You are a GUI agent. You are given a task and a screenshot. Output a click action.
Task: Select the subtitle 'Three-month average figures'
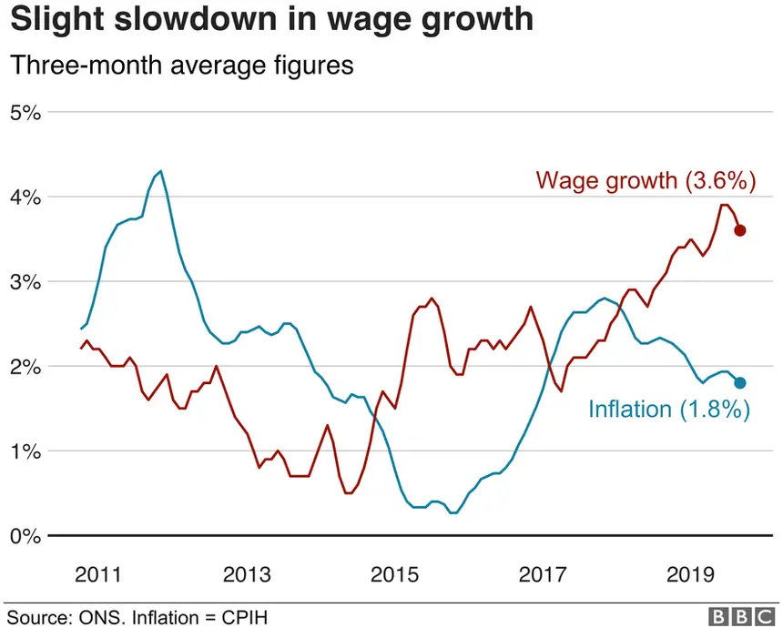pyautogui.click(x=180, y=66)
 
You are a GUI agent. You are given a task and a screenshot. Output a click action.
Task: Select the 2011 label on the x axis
pyautogui.click(x=97, y=575)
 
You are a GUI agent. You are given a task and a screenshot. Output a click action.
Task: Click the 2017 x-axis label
pyautogui.click(x=544, y=575)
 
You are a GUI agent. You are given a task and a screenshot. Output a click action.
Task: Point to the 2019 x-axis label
pyautogui.click(x=692, y=575)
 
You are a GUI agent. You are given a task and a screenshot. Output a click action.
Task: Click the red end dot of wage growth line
pyautogui.click(x=740, y=230)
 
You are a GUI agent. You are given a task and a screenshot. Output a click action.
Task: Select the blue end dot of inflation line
pyautogui.click(x=740, y=382)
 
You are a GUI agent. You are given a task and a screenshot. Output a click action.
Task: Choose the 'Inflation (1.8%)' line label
pyautogui.click(x=669, y=410)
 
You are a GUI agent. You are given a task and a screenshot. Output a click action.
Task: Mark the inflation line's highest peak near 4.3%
pyautogui.click(x=160, y=171)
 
